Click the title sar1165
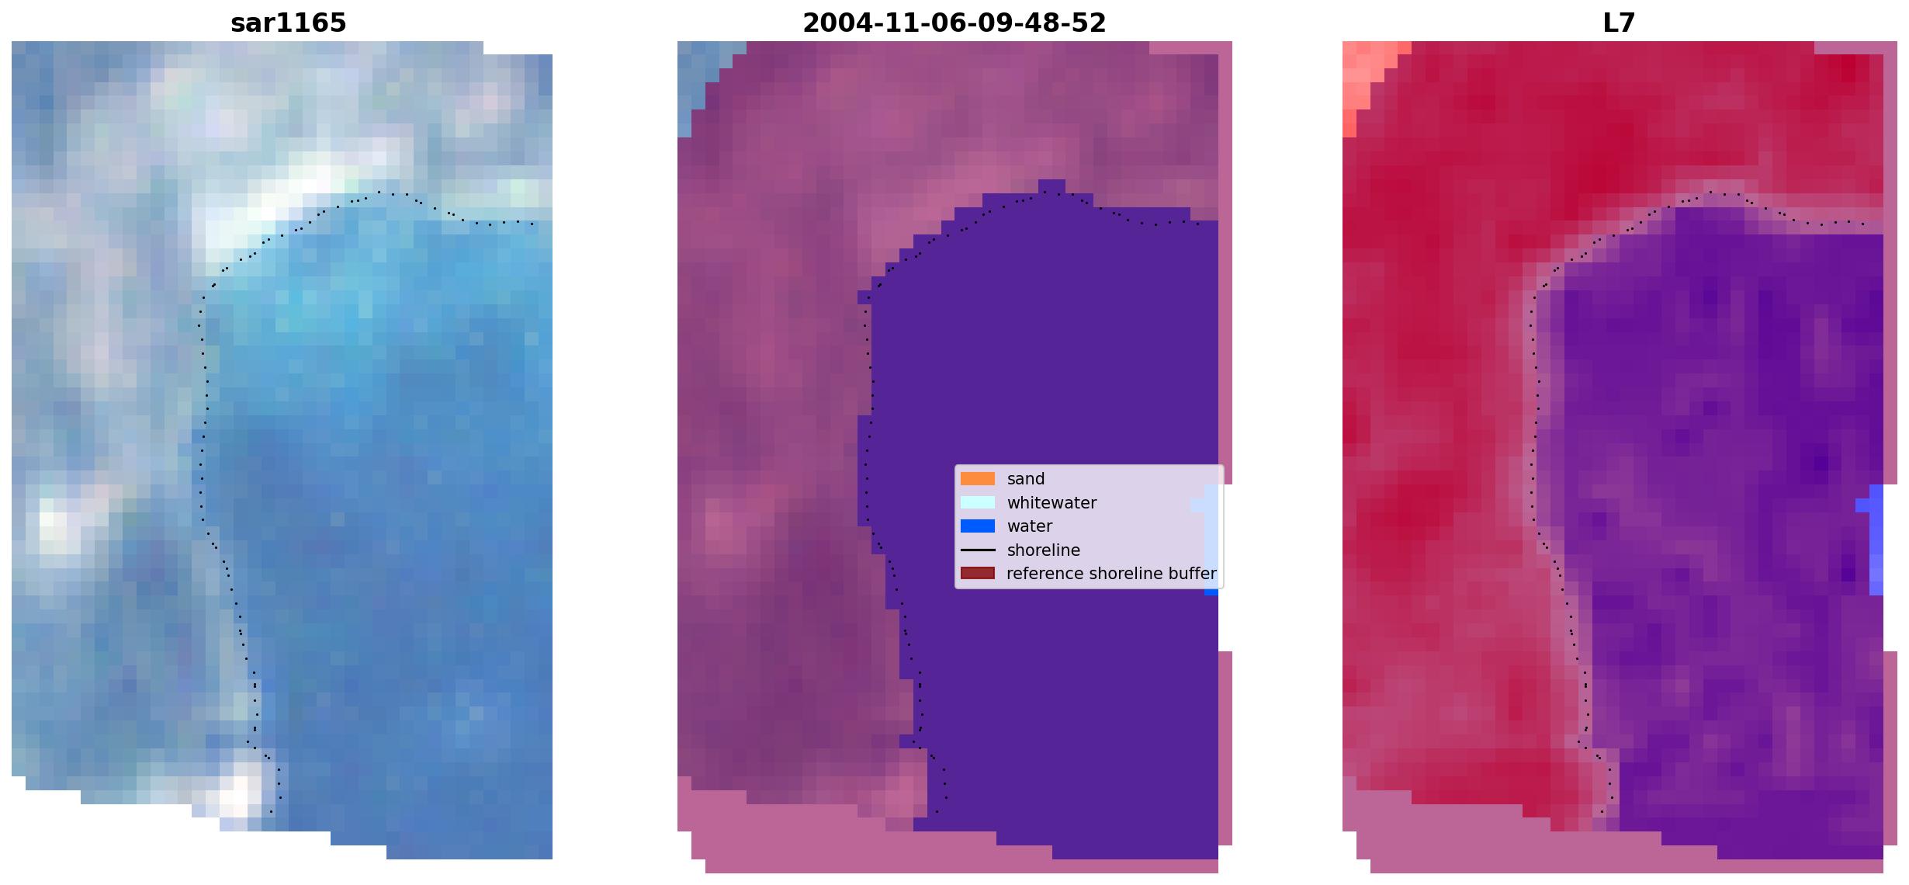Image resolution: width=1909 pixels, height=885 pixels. point(288,23)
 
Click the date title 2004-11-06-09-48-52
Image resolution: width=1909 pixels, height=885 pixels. point(954,23)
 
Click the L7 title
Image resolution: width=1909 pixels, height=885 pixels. point(1619,23)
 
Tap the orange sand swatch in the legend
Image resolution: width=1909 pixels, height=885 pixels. point(978,479)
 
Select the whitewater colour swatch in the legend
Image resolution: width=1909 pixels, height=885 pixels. point(978,502)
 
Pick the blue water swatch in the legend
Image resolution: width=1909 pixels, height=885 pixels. point(978,526)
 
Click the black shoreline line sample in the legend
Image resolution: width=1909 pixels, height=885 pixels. point(978,550)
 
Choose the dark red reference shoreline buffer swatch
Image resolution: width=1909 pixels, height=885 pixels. point(978,573)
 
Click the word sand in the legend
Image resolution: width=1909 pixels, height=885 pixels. point(1026,479)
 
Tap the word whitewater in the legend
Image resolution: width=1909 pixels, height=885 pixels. point(1052,503)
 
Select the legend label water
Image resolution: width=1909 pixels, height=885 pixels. point(1030,526)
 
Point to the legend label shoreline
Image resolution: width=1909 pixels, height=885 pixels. point(1044,550)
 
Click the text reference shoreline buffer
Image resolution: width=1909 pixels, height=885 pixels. point(1111,574)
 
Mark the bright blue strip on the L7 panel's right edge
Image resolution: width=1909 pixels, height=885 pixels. point(1876,540)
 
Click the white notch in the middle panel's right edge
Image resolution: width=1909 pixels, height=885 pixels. point(1225,567)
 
